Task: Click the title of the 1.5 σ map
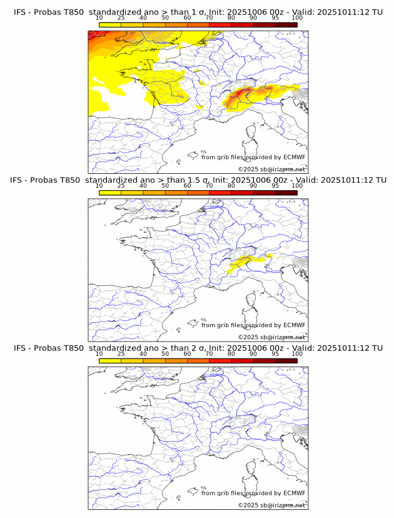click(x=198, y=180)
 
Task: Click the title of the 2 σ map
click(x=198, y=348)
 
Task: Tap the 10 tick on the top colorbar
click(x=99, y=18)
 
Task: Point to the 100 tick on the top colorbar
click(x=297, y=18)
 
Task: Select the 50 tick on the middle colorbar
click(x=165, y=186)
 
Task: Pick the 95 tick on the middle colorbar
click(x=275, y=186)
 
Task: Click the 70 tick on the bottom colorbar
click(x=209, y=354)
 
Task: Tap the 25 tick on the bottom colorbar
click(x=121, y=354)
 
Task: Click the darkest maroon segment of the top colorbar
click(x=286, y=25)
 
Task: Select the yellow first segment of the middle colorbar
click(x=110, y=193)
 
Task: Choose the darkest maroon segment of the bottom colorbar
click(x=286, y=361)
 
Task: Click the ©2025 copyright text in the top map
click(x=271, y=169)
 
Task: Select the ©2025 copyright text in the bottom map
click(x=271, y=505)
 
